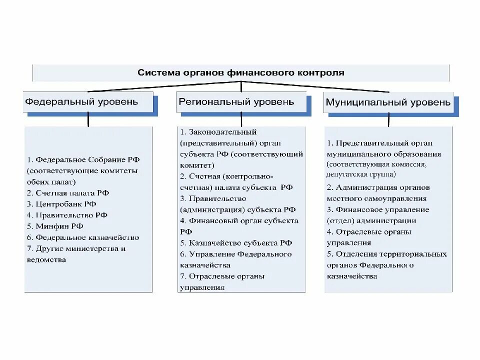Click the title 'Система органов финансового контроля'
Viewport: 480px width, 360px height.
pyautogui.click(x=241, y=72)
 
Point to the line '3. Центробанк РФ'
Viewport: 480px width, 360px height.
pyautogui.click(x=62, y=204)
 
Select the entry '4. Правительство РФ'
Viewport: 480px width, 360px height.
pyautogui.click(x=67, y=215)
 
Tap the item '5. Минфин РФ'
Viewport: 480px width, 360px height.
pyautogui.click(x=55, y=226)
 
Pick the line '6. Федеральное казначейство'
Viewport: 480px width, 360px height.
pyautogui.click(x=83, y=237)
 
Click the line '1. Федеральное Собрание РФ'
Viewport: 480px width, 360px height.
pyautogui.click(x=83, y=160)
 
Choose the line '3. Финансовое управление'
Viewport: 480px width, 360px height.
pyautogui.click(x=378, y=210)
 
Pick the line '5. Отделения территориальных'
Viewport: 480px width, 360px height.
pyautogui.click(x=386, y=254)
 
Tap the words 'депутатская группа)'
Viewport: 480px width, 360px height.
pyautogui.click(x=361, y=174)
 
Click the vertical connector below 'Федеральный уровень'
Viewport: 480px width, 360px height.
pyautogui.click(x=88, y=119)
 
